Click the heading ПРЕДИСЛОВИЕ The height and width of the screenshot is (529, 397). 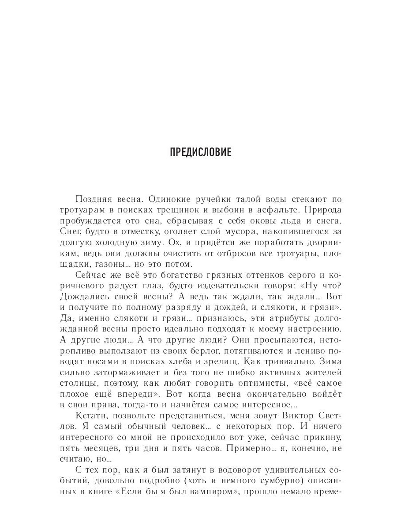200,153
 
